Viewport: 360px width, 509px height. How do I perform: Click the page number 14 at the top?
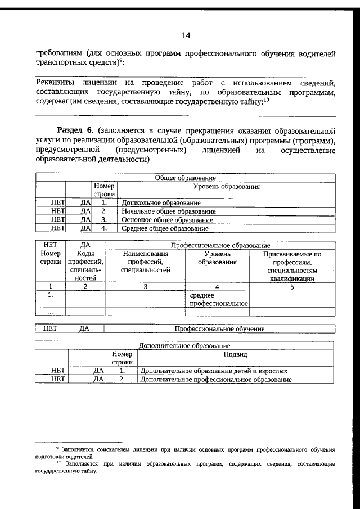[x=186, y=35]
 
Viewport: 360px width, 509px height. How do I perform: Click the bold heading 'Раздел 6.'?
[x=78, y=130]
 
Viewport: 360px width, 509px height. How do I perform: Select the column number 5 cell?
[x=292, y=286]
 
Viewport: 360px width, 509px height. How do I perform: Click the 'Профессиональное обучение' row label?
[x=219, y=329]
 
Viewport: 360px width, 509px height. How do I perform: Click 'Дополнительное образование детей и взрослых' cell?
[x=214, y=371]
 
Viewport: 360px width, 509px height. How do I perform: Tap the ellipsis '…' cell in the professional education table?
[x=51, y=312]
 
